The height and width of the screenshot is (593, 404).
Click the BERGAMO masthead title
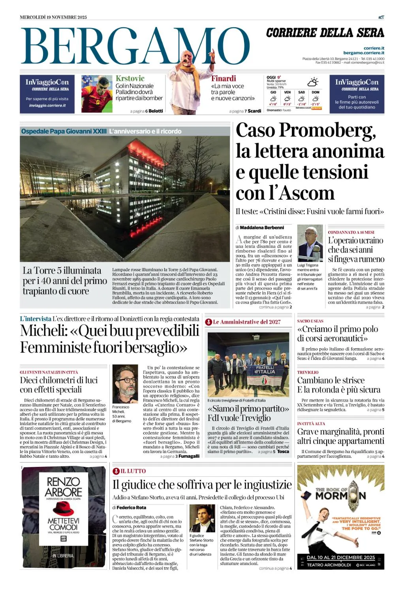pos(134,47)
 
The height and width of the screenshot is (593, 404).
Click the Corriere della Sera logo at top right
pos(325,33)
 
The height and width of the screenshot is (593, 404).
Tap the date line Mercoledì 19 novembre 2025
pos(53,17)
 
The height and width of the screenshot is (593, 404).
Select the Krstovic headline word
pos(130,78)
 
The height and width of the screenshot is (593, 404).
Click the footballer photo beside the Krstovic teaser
pos(97,94)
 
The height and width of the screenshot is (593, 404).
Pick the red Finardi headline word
pos(224,78)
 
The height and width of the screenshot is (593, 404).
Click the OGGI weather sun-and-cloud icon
pos(313,82)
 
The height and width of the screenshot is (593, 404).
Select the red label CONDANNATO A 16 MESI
pos(351,232)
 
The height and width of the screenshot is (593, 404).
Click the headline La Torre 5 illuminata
pos(62,270)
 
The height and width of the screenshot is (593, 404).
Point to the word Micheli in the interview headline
pos(43,330)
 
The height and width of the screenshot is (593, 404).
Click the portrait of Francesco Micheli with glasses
pos(125,383)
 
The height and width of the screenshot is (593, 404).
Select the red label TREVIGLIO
pos(308,372)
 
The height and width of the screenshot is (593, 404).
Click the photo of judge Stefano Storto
pos(202,518)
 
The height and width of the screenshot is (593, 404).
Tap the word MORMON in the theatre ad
pos(340,496)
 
